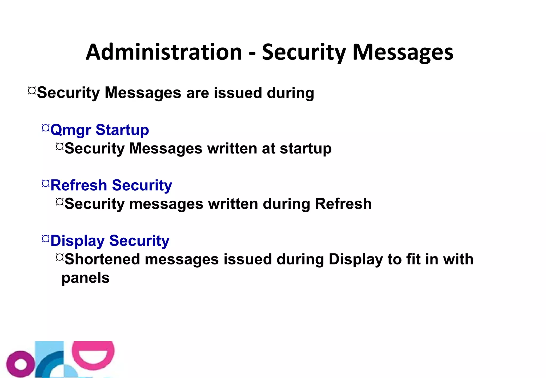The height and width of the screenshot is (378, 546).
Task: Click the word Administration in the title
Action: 164,52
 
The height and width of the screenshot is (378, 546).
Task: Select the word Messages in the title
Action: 403,52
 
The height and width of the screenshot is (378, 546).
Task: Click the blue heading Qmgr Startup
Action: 99,130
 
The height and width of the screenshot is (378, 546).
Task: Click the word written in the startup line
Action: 232,148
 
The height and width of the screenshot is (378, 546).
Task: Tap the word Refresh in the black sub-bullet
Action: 343,204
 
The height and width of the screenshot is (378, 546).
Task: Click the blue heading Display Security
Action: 110,241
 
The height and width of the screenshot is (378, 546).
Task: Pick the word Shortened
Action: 102,259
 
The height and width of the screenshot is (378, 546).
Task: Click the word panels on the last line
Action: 85,278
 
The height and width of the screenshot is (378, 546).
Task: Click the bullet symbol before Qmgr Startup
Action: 46,128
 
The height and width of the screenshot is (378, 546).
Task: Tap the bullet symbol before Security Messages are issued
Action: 32,91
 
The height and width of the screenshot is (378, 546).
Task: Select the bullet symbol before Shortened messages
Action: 60,257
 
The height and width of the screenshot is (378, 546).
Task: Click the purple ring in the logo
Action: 20,364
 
